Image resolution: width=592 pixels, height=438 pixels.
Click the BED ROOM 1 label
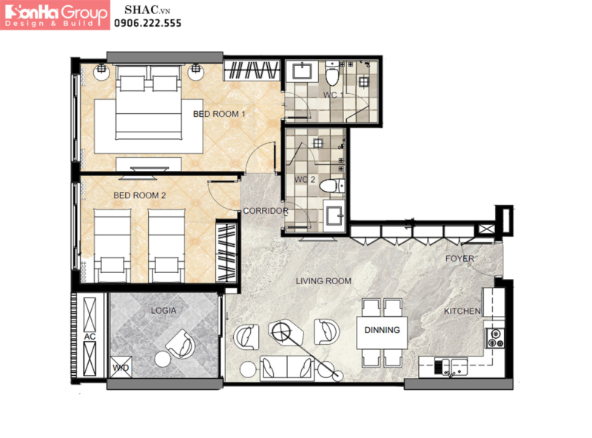219,114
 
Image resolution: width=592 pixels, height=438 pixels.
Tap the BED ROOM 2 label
140,195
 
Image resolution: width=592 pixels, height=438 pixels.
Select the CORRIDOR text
266,211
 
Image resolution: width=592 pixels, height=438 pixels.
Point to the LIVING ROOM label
323,281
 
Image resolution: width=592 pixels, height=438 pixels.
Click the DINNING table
382,333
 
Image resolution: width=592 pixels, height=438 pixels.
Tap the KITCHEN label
462,311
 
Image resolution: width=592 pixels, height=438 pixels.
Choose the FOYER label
460,259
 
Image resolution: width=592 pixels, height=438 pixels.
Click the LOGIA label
164,311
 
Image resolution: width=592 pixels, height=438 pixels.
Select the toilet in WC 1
332,73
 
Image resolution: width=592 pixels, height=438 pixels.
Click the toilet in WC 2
332,186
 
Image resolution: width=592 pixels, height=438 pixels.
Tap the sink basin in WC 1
302,71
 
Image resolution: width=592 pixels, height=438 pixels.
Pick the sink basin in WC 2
334,216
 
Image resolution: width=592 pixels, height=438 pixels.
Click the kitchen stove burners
494,338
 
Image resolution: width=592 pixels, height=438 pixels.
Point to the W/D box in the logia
121,367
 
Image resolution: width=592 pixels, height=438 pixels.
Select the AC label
90,336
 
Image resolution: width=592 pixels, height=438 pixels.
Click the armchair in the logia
181,343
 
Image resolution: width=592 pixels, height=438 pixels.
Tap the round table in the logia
163,359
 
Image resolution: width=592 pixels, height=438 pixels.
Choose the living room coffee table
286,332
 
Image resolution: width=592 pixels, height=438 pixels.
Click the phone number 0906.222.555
147,23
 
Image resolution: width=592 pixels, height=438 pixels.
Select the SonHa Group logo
55,15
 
